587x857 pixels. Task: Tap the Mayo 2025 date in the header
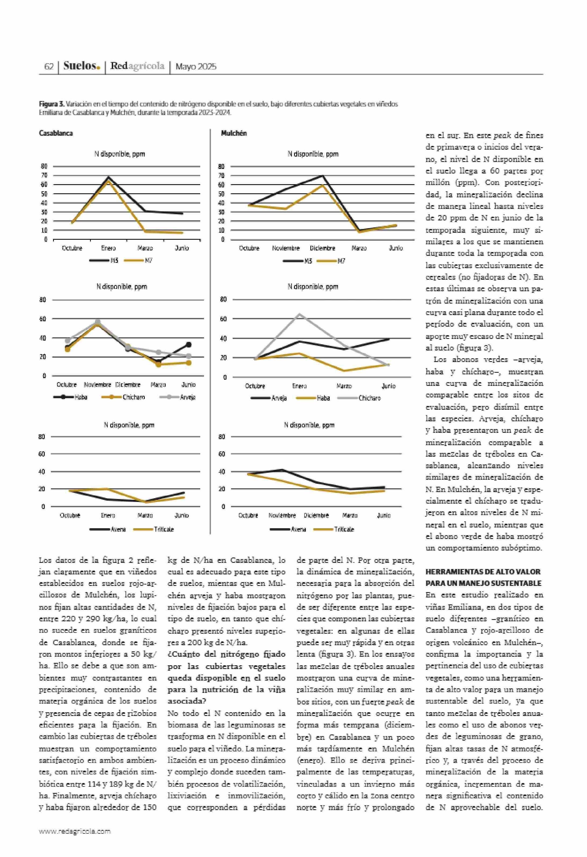[196, 67]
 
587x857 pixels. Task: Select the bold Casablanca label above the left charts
[56, 133]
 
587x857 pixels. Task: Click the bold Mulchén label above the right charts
[234, 133]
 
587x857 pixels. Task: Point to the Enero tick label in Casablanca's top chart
[108, 248]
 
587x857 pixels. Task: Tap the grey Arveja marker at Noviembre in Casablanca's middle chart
[98, 322]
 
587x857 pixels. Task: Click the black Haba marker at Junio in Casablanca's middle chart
[188, 344]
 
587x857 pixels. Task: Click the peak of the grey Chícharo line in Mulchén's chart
[299, 314]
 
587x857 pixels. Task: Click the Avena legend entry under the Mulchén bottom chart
[298, 529]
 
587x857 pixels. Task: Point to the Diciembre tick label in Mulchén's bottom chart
[316, 515]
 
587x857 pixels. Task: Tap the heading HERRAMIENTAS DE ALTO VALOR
[483, 572]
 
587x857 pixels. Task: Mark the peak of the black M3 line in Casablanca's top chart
[108, 177]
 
